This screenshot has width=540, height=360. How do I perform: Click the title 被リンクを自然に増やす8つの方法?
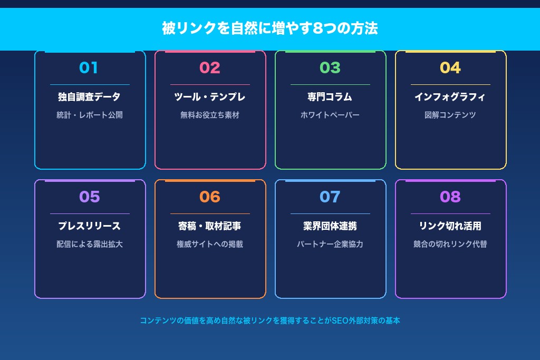click(269, 28)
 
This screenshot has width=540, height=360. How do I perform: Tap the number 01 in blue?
click(89, 67)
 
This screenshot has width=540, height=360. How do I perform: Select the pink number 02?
click(210, 67)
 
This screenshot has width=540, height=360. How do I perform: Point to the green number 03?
click(330, 67)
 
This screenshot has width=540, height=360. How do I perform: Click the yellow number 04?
click(450, 67)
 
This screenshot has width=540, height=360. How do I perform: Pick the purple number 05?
click(89, 197)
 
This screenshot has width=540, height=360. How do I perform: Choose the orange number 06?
click(210, 197)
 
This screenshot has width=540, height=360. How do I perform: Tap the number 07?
click(330, 197)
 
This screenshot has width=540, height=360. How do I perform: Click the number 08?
click(450, 197)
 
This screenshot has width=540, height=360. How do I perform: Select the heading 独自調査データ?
click(89, 97)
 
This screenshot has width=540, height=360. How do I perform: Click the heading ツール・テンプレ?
click(210, 97)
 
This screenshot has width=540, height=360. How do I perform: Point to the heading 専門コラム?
click(330, 97)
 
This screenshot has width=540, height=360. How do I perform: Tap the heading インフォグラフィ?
click(450, 97)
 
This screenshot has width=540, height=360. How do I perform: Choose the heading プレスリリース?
click(89, 226)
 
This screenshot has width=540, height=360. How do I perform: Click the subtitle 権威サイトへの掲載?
click(210, 244)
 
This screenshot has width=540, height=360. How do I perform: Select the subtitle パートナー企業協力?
click(330, 244)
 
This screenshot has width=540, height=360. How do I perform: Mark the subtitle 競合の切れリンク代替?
click(450, 244)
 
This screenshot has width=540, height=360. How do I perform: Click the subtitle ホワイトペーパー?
click(330, 115)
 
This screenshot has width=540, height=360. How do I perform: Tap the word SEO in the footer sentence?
click(340, 320)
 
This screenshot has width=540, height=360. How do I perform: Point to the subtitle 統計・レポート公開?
click(89, 115)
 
